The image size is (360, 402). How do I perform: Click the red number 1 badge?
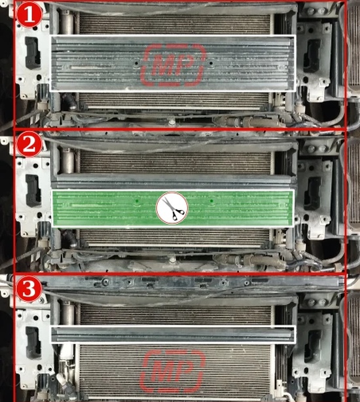29,14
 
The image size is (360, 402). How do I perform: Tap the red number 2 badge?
29,144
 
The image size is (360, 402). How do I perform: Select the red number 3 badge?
29,289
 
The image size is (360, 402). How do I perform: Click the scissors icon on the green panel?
172,208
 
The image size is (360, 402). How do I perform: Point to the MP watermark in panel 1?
173,65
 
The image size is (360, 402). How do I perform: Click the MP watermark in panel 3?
173,371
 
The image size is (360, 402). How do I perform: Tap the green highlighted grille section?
173,208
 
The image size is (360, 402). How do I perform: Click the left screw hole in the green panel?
137,201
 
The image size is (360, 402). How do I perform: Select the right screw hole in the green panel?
211,201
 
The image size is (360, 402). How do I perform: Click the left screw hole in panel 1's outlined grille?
136,63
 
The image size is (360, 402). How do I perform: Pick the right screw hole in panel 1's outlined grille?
211,63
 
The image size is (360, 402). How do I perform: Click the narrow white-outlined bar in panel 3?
173,334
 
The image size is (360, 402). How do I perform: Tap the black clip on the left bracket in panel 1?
33,53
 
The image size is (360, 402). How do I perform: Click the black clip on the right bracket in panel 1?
312,56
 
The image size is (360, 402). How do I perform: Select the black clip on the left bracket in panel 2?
33,191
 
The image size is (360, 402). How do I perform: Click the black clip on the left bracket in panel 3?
33,342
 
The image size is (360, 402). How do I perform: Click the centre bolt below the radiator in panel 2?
173,259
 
